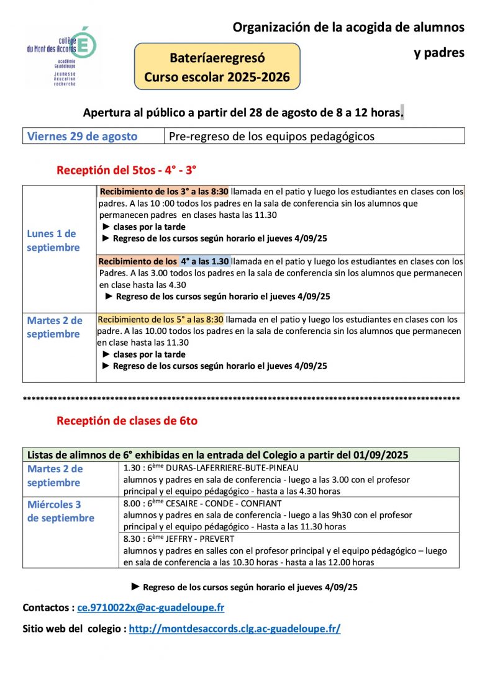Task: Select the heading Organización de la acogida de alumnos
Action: point(348,27)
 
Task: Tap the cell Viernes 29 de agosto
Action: point(82,136)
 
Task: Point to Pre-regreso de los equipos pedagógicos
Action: point(271,136)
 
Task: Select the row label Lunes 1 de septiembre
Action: point(53,241)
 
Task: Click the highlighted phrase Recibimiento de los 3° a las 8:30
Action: point(163,192)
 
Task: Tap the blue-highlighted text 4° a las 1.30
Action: point(205,261)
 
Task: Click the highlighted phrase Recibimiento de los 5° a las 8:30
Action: point(160,320)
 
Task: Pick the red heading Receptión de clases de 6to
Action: point(127,421)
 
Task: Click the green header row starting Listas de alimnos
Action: point(218,454)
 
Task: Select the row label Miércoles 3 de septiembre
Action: point(60,511)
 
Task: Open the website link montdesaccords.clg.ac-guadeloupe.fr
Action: point(234,629)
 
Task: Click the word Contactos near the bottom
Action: point(47,608)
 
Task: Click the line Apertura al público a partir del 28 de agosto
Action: point(243,113)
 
